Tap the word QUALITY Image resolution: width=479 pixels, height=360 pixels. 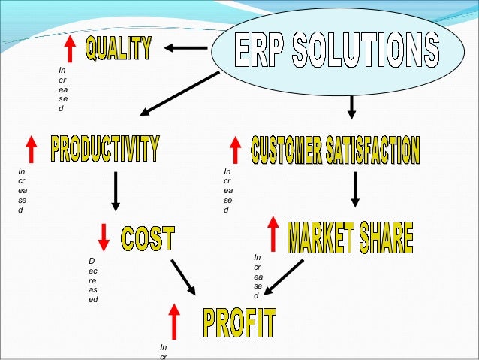(118, 49)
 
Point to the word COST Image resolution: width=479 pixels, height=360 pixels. (148, 238)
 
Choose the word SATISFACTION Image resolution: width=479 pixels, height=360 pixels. (372, 150)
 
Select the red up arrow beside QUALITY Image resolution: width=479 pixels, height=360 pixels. (71, 50)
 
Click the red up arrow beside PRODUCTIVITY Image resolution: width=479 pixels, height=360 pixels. (32, 149)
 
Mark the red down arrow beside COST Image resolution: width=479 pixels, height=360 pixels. (104, 237)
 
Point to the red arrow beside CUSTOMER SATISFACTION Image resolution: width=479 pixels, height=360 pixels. (235, 149)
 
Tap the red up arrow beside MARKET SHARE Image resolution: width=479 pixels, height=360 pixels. (273, 234)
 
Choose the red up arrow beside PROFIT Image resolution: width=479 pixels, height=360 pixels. (174, 321)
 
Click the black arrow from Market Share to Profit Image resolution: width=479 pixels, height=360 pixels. (285, 277)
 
